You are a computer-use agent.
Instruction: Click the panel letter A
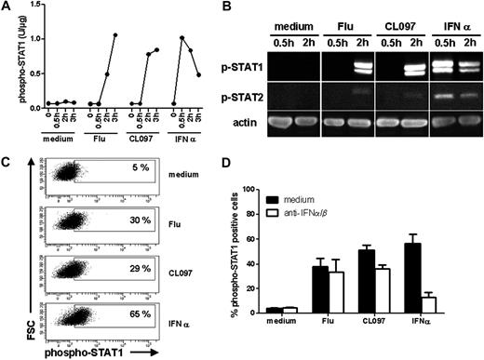coord(8,8)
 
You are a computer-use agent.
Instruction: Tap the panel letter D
coord(259,165)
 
